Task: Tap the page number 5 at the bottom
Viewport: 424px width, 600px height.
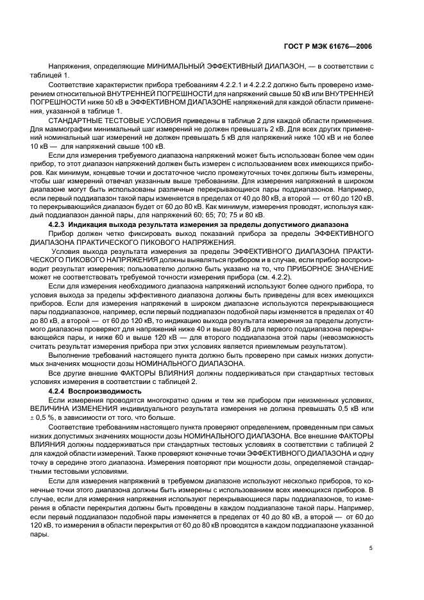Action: (371, 548)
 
